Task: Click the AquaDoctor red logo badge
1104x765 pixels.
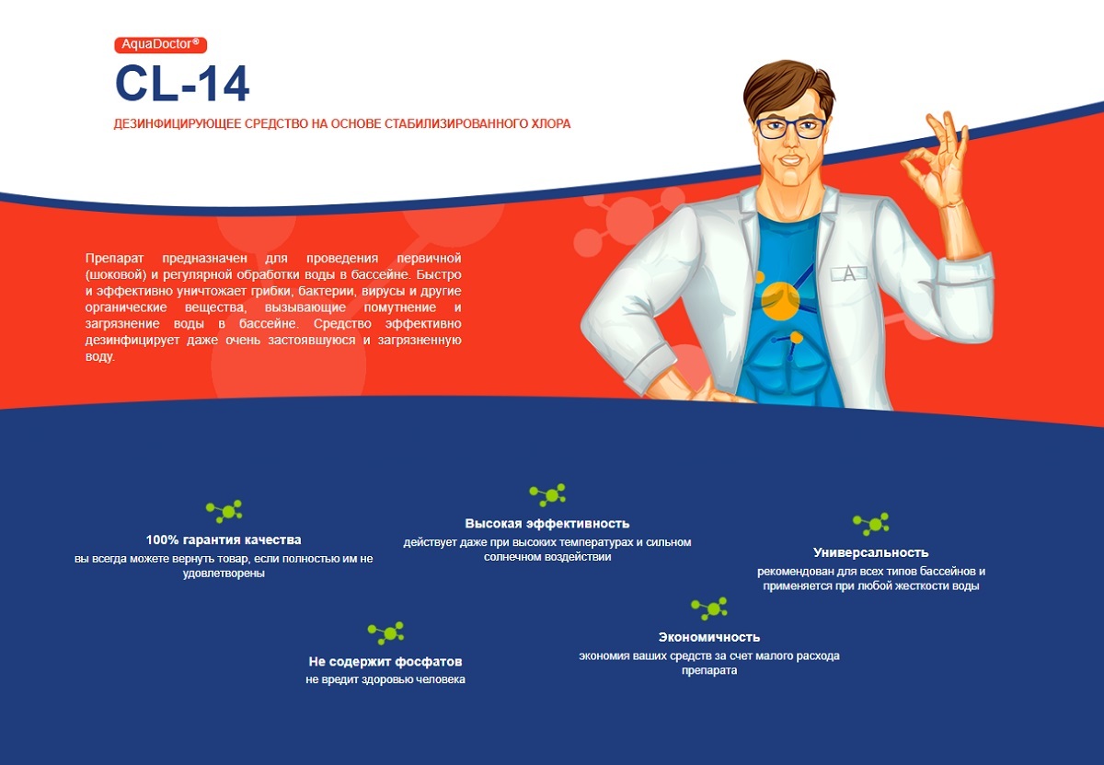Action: pyautogui.click(x=161, y=45)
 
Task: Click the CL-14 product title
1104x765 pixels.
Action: pyautogui.click(x=182, y=84)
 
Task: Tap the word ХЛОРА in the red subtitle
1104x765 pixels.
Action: pyautogui.click(x=550, y=123)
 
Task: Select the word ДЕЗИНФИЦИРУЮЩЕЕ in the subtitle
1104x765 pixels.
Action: pyautogui.click(x=178, y=123)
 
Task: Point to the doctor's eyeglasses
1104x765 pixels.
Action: pyautogui.click(x=790, y=128)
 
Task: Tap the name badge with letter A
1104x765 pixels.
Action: pyautogui.click(x=848, y=273)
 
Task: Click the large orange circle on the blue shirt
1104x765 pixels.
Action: pyautogui.click(x=780, y=300)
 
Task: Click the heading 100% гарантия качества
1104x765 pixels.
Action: pyautogui.click(x=224, y=539)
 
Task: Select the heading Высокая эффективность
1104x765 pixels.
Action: pyautogui.click(x=547, y=523)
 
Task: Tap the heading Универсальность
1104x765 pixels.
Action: pyautogui.click(x=871, y=552)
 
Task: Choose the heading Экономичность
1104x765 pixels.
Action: pyautogui.click(x=709, y=637)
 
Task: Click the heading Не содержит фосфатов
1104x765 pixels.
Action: pyautogui.click(x=385, y=661)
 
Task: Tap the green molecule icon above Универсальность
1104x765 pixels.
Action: pyautogui.click(x=871, y=524)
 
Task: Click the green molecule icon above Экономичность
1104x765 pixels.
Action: pyautogui.click(x=709, y=609)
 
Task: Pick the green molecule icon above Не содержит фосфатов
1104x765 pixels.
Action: pyautogui.click(x=385, y=633)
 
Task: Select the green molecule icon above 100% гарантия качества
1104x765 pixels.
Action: pyautogui.click(x=224, y=512)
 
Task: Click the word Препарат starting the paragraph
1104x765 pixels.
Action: pyautogui.click(x=114, y=259)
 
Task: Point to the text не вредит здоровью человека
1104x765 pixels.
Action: pyautogui.click(x=385, y=679)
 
